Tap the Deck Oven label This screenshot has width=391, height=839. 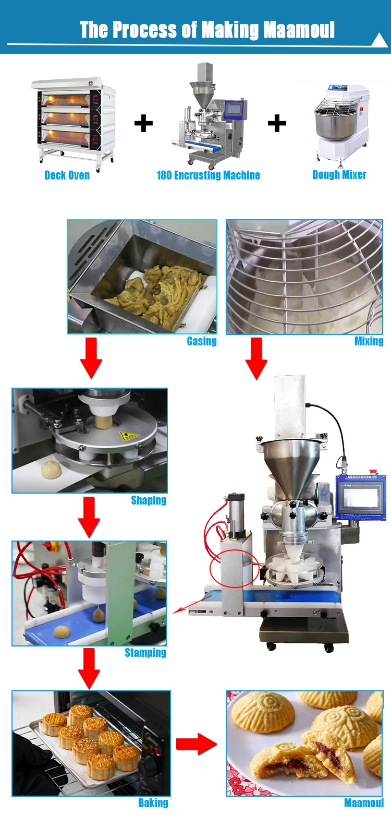click(x=67, y=175)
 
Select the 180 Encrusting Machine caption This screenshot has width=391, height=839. click(x=208, y=175)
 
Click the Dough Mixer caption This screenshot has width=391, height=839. click(x=339, y=175)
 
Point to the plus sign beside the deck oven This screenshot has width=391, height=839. click(x=143, y=124)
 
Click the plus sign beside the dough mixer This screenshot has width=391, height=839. click(x=277, y=124)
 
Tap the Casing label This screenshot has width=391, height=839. click(x=202, y=341)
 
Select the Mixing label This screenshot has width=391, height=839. click(x=369, y=341)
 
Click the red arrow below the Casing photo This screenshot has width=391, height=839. click(x=91, y=357)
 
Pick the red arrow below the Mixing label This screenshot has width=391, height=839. click(x=256, y=358)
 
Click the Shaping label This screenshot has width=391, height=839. click(x=149, y=500)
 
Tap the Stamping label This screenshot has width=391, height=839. click(x=145, y=653)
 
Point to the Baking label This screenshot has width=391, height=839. click(x=153, y=803)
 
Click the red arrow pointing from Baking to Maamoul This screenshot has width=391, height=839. click(x=196, y=744)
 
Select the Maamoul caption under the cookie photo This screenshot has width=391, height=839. click(x=363, y=803)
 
